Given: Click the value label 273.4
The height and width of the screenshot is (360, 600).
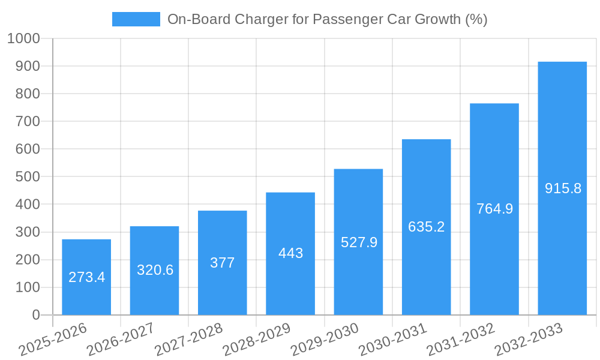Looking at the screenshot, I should click(86, 277).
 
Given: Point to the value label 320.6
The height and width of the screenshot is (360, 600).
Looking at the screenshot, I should click(155, 270).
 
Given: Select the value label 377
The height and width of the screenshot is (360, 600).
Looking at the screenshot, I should click(222, 263).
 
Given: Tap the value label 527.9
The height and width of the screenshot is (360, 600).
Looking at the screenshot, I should click(359, 242).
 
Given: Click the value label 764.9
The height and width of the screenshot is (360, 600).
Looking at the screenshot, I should click(494, 209).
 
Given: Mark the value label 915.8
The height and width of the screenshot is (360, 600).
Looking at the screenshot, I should click(563, 188).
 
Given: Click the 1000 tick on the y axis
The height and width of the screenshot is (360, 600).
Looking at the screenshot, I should click(23, 39).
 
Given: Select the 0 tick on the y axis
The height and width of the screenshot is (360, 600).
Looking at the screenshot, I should click(35, 315).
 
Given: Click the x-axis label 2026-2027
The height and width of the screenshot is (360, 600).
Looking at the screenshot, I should click(121, 340).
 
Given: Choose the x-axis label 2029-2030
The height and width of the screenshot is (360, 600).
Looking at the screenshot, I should click(325, 340).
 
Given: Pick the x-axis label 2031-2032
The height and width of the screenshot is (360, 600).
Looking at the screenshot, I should click(461, 340).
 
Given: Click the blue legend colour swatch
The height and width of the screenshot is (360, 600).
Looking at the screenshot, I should click(136, 19).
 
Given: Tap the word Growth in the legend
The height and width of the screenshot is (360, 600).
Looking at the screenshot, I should click(433, 19).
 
